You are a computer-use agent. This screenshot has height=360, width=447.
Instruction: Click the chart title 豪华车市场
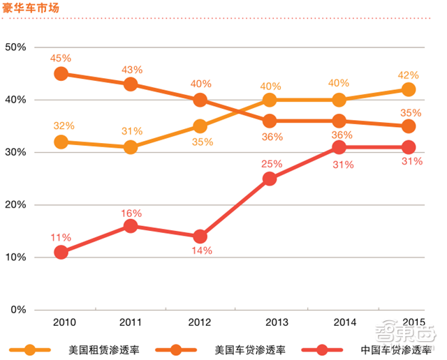(29, 8)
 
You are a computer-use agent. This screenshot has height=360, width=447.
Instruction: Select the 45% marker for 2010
(61, 73)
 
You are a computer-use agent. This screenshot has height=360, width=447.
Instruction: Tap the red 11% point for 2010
(61, 252)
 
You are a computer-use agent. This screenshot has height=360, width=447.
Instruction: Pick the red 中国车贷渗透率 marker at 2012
(200, 237)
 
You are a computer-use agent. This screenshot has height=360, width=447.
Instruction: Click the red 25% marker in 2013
(270, 179)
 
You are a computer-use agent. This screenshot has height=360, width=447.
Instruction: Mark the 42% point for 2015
(409, 89)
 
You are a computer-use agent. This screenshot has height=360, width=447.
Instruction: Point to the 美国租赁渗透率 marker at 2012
(200, 126)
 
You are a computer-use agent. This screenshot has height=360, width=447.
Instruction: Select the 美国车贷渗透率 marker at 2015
(409, 126)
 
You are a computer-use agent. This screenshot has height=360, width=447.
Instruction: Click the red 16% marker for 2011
(131, 226)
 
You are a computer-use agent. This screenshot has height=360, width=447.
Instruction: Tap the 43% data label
(131, 70)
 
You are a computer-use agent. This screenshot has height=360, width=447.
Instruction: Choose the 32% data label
(64, 126)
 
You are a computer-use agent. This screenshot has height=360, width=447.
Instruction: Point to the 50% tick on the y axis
(15, 47)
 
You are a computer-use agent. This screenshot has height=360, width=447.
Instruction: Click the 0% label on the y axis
(18, 310)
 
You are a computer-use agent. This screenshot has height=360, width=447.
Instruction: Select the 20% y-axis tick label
(15, 205)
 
